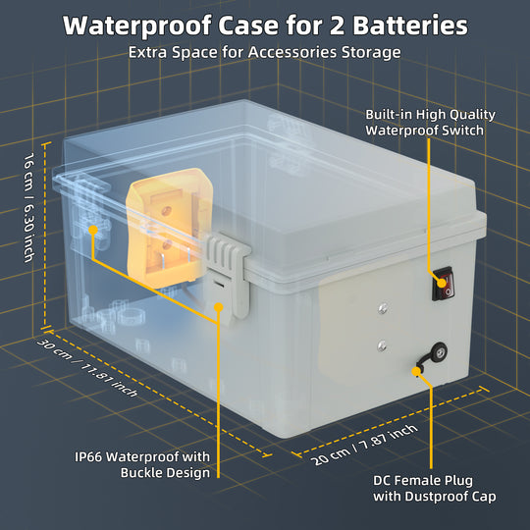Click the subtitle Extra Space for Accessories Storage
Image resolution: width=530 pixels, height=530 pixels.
(x=264, y=52)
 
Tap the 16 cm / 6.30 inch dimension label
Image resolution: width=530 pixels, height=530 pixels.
(x=29, y=215)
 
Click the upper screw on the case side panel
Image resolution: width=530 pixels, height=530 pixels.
(x=380, y=312)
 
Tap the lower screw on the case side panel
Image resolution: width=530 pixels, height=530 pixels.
(x=381, y=345)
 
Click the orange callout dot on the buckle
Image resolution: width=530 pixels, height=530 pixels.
(x=218, y=307)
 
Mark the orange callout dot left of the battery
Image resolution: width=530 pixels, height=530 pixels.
(x=93, y=231)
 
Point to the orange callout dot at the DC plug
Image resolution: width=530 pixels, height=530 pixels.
(x=416, y=372)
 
